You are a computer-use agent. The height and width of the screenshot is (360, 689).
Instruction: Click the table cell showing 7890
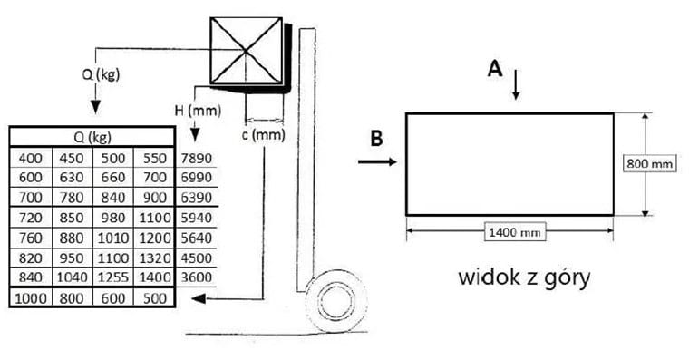click(x=197, y=158)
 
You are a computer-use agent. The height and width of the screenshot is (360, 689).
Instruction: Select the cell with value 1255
click(x=113, y=277)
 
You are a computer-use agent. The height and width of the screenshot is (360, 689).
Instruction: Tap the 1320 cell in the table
click(x=155, y=258)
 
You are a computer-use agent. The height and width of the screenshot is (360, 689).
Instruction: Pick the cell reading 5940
click(x=197, y=218)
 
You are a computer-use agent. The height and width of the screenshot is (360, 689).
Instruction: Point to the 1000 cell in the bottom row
click(x=31, y=298)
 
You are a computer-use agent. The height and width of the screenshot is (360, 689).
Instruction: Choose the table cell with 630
click(x=72, y=178)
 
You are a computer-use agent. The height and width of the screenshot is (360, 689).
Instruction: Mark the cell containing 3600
click(x=197, y=277)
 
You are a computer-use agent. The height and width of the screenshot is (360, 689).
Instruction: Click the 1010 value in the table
click(x=113, y=238)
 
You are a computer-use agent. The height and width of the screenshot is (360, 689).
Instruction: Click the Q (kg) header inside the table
click(x=92, y=138)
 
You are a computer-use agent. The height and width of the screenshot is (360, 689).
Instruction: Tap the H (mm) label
click(x=198, y=111)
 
